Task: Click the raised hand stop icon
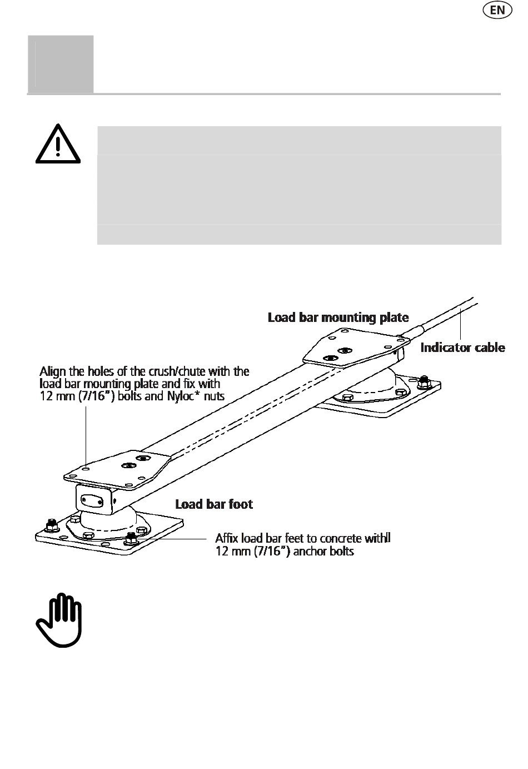tap(58, 621)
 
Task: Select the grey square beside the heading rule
tap(61, 63)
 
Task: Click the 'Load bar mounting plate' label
tap(338, 317)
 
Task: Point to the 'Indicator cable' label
tap(462, 348)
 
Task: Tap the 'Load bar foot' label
tap(214, 504)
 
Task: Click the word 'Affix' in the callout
tap(227, 539)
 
